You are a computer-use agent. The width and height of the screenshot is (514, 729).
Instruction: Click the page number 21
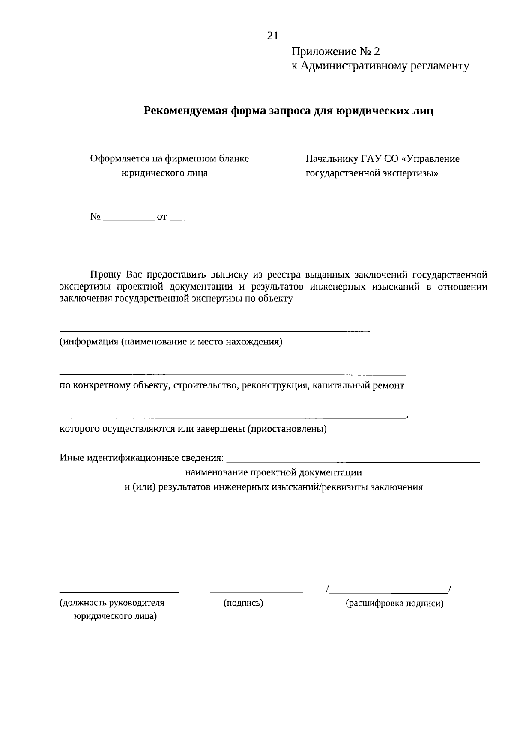coord(273,36)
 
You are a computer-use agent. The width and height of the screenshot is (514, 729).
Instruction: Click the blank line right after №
coord(129,219)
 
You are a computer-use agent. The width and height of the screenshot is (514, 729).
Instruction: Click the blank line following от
coord(200,220)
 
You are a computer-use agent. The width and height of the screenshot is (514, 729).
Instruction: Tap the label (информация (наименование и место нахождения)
coord(171,342)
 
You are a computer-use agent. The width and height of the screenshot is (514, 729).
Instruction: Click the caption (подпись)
coord(243,603)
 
